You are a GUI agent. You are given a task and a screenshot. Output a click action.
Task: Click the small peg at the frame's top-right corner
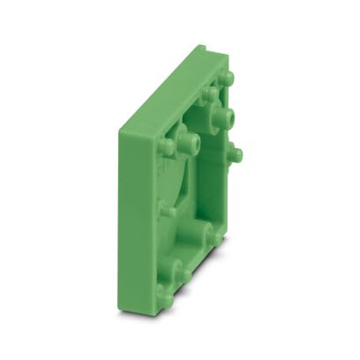tap(226, 78)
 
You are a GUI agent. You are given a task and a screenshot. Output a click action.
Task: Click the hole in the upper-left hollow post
tap(191, 140)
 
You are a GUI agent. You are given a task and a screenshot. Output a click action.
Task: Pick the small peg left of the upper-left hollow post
tap(168, 147)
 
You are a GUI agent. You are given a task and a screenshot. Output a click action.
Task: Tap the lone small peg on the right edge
tap(235, 154)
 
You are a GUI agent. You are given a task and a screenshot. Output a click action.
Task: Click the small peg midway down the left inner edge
tap(166, 210)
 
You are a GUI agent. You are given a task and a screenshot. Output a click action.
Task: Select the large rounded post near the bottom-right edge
tap(213, 235)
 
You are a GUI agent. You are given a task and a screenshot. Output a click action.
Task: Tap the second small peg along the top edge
tap(209, 92)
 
